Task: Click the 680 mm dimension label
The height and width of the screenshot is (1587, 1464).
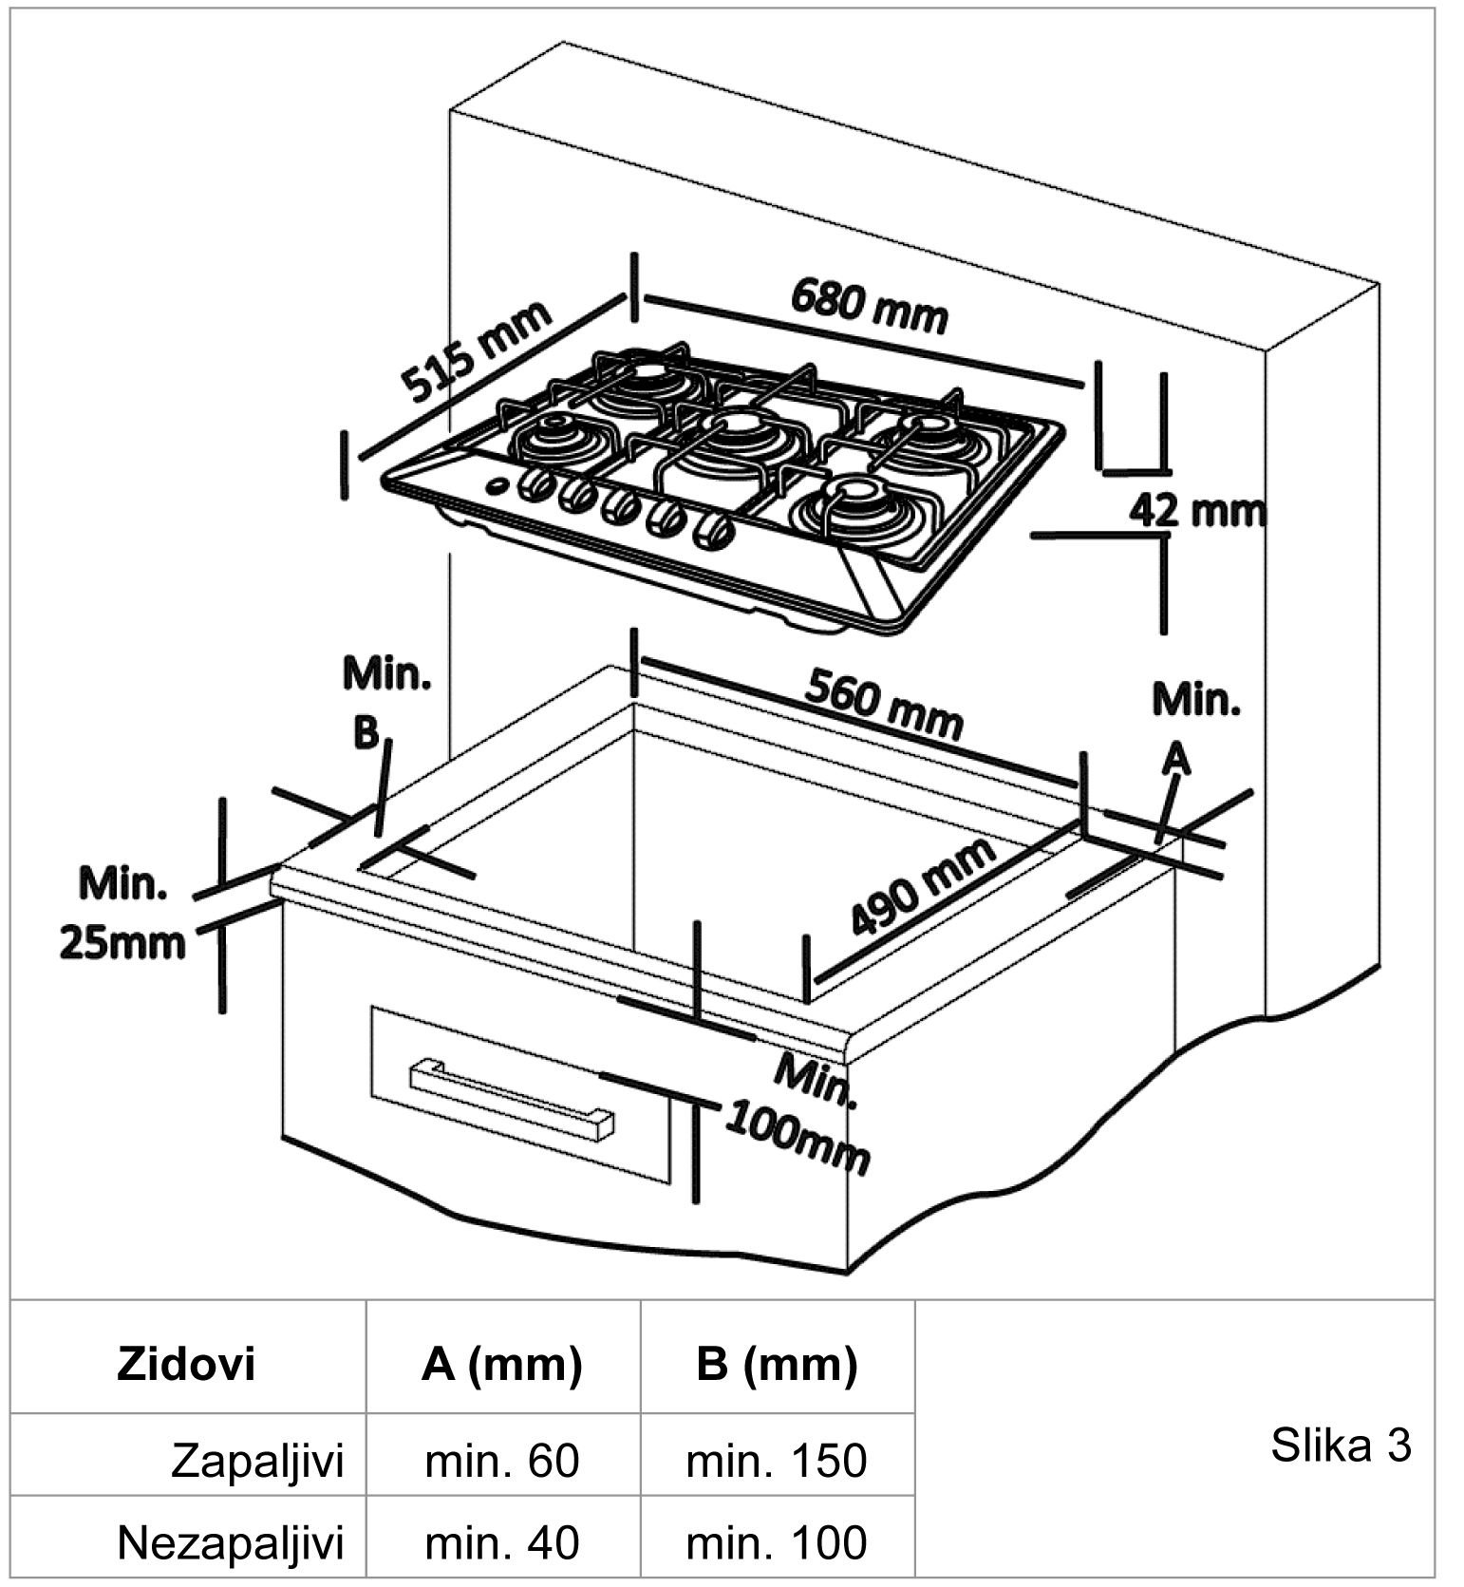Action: [869, 306]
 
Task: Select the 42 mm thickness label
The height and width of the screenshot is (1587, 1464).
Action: [1196, 511]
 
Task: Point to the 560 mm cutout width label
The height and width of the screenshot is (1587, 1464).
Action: [883, 704]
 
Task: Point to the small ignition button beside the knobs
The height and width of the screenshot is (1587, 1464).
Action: [497, 485]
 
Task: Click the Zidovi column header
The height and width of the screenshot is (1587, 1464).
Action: [186, 1364]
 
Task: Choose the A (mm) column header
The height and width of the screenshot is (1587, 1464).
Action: [501, 1364]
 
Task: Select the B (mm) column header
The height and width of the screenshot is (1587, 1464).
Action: [776, 1364]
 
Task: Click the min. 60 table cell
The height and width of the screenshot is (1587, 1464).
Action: [501, 1460]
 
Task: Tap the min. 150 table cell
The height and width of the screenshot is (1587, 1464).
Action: [776, 1460]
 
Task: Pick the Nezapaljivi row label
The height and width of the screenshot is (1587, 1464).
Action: [230, 1542]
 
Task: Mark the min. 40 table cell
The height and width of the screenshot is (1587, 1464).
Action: [501, 1542]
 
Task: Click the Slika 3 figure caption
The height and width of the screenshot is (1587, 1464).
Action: [1341, 1445]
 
